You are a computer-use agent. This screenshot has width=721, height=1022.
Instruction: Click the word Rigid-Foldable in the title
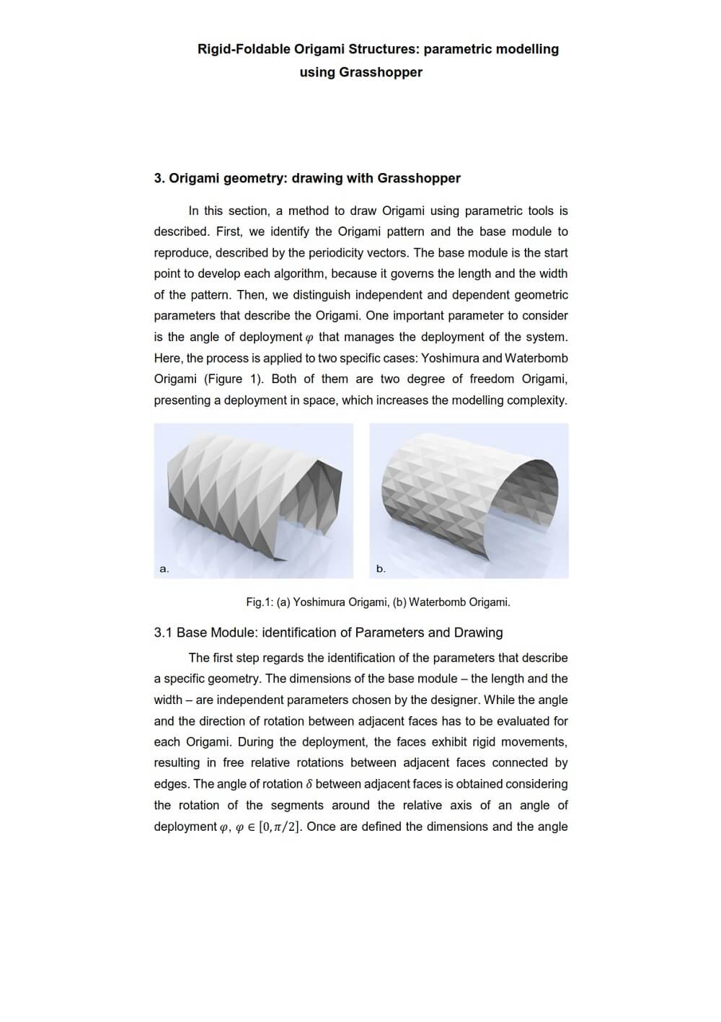coord(244,49)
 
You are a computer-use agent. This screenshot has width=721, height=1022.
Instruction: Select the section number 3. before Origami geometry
coord(159,178)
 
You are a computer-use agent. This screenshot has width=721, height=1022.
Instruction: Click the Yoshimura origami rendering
coord(254,498)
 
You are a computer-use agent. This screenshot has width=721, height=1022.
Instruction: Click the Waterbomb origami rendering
coord(469,498)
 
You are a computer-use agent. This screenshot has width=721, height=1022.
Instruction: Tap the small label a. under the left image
coord(164,569)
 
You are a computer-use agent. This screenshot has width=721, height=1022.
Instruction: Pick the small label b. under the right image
coord(381,569)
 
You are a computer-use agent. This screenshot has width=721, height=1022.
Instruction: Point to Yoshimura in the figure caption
coord(319,602)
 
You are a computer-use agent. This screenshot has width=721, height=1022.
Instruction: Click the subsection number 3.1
coord(163,633)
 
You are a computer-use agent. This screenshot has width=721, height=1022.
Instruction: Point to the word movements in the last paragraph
coord(539,742)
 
